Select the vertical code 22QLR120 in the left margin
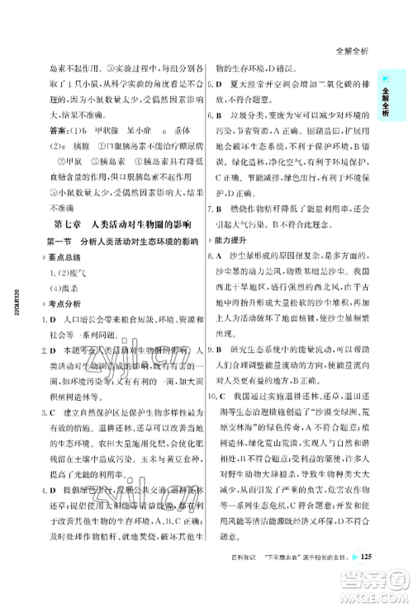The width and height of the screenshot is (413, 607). click(x=17, y=308)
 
